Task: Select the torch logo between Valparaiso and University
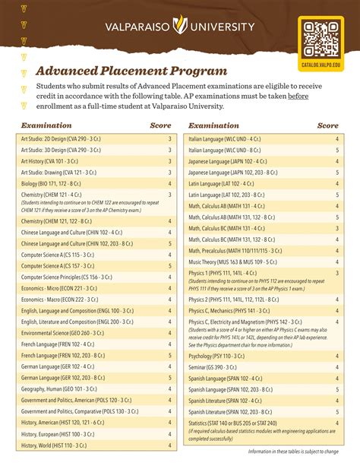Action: coord(180,27)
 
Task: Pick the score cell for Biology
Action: coord(169,183)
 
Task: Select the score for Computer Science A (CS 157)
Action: coord(169,267)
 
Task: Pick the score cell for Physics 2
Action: coord(337,300)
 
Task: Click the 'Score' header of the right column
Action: coord(328,125)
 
